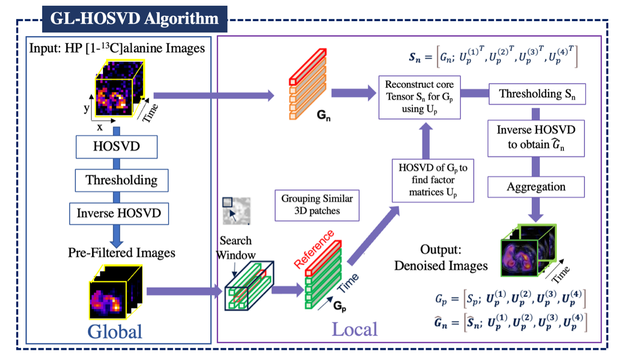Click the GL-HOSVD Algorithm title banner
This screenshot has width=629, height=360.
click(x=135, y=19)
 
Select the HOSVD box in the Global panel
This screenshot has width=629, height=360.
click(x=117, y=146)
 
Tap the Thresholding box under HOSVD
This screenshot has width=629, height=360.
click(x=121, y=180)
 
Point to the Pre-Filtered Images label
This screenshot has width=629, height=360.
click(x=121, y=253)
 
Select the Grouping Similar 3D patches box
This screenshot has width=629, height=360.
click(x=317, y=205)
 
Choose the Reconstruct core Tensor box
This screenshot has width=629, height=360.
click(x=420, y=96)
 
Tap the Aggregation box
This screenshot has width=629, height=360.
click(x=536, y=187)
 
